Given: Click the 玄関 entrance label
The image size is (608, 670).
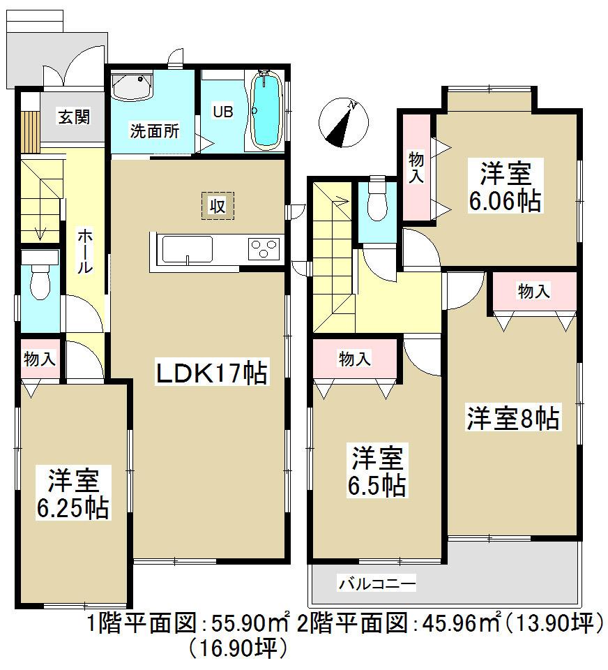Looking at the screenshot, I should (x=74, y=117).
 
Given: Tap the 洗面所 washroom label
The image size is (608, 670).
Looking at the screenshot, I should (x=154, y=131).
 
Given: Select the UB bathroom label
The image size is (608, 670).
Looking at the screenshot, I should (x=222, y=112).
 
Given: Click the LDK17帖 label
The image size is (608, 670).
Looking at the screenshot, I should (x=210, y=374).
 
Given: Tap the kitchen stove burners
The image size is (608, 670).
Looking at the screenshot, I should (x=263, y=249).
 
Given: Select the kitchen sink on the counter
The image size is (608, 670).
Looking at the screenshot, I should (x=187, y=250).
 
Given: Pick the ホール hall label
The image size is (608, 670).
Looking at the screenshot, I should (x=83, y=251).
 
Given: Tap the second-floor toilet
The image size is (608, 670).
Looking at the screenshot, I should (x=377, y=202).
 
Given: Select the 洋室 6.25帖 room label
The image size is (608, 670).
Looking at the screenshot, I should (x=73, y=495).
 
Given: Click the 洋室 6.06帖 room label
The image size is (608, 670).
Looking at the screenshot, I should (x=506, y=187).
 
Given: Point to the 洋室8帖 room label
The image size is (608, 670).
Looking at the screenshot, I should (x=512, y=419).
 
